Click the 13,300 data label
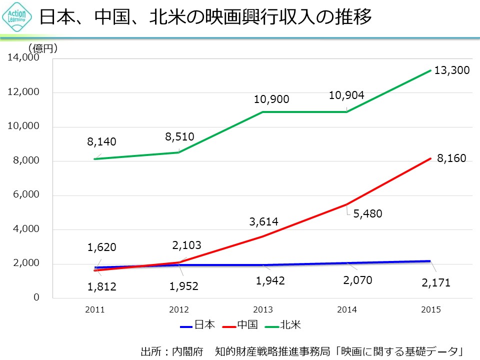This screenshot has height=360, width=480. [451, 70]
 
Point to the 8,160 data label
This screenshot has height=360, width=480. [451, 158]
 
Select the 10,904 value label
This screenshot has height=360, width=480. [346, 95]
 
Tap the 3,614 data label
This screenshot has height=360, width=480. [263, 221]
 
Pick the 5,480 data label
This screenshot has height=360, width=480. [367, 214]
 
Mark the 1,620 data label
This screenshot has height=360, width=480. [101, 247]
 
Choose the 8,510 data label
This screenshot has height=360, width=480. [179, 136]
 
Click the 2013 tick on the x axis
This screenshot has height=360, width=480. [263, 310]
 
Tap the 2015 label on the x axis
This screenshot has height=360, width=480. [431, 310]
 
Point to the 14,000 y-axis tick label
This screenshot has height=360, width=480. [23, 58]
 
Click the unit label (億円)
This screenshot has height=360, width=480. [43, 48]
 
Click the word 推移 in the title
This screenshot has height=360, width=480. [357, 17]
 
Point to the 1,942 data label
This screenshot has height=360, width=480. [270, 281]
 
